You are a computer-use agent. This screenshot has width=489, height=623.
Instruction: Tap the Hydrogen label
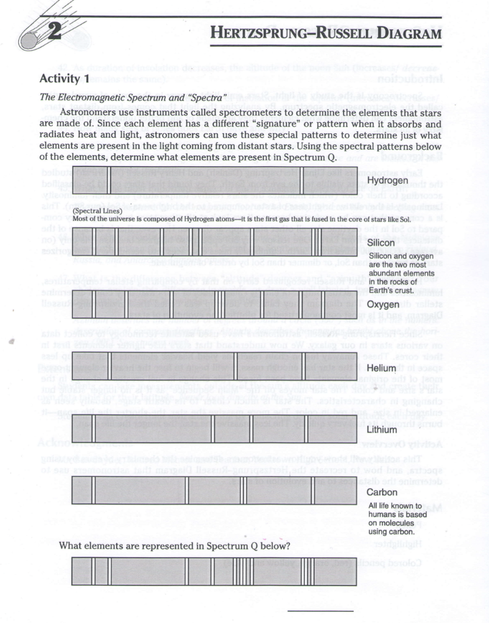click(387, 181)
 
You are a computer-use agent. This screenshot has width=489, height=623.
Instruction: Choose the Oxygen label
click(382, 304)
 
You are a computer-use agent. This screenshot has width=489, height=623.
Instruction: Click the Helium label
click(381, 369)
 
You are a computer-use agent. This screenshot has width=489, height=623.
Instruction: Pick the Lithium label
click(381, 430)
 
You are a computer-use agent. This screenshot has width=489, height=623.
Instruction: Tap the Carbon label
click(382, 492)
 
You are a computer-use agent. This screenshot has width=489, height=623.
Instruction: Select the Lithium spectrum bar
click(214, 429)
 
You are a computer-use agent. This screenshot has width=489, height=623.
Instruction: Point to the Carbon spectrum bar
click(214, 491)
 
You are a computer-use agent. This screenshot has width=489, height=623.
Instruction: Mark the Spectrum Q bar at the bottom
click(214, 571)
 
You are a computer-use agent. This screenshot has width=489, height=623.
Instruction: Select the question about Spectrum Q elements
click(174, 546)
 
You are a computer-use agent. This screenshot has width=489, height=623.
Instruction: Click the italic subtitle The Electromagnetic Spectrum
click(133, 97)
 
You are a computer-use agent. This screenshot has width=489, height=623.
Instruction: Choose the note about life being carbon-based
click(395, 518)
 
